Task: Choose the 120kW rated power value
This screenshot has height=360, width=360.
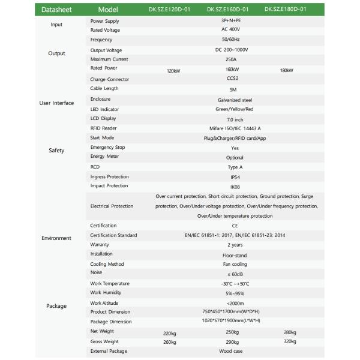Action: click(173, 71)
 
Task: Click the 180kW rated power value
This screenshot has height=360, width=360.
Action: click(286, 71)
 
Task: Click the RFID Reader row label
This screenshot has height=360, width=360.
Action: click(103, 128)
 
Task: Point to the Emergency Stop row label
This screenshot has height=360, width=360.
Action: click(107, 147)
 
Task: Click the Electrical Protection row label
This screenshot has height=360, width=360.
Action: click(112, 206)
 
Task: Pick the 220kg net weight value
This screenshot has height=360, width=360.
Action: click(170, 332)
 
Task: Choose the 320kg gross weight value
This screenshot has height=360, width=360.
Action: click(290, 341)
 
